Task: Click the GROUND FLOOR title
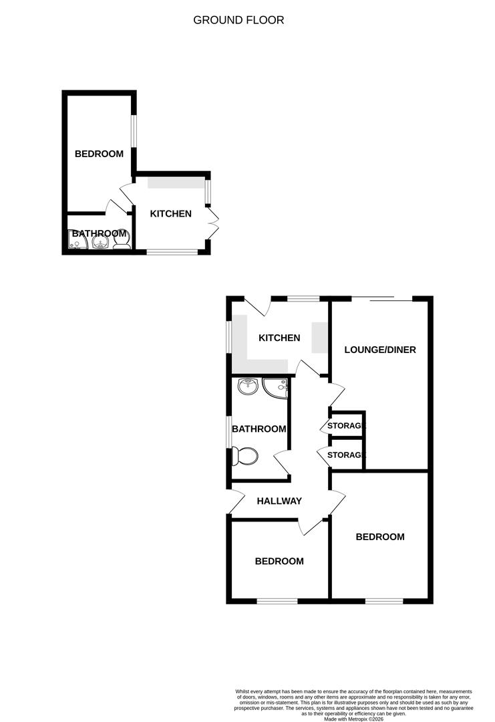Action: tap(238, 20)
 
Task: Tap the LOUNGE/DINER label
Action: tap(380, 350)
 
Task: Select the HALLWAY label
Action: tap(279, 501)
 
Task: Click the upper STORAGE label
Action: tap(346, 426)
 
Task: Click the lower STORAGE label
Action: tap(346, 455)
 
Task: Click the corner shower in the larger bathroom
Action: tap(276, 388)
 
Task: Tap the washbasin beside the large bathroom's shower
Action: tap(248, 386)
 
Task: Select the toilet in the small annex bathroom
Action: tap(122, 242)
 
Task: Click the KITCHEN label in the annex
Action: tap(170, 214)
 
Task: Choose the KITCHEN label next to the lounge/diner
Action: tap(279, 338)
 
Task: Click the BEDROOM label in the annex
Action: tap(99, 154)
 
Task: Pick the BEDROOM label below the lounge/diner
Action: tap(380, 537)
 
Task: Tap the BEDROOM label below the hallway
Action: tap(279, 562)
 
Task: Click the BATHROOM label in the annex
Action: tap(99, 233)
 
